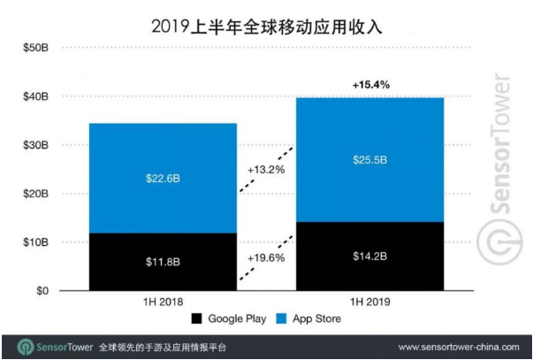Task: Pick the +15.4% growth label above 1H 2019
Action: point(369,84)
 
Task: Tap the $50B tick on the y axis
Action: point(36,47)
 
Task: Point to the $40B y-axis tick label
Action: point(36,96)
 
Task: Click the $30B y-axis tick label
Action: point(36,144)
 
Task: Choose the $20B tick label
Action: point(36,193)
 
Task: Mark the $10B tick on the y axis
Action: point(36,241)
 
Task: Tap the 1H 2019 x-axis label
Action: point(369,303)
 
